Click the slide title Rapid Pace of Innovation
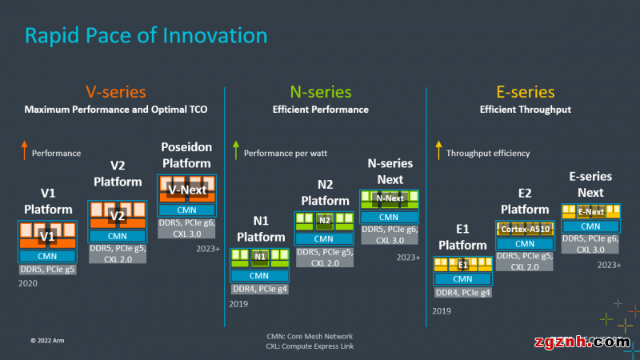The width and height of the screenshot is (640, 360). tap(146, 36)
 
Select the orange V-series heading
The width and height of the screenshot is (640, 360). tap(115, 92)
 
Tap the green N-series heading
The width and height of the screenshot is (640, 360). tap(319, 92)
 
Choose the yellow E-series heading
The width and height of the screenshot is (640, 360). tap(525, 92)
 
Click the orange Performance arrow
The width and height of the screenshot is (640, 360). tap(25, 150)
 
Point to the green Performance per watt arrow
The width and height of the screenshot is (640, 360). tap(235, 150)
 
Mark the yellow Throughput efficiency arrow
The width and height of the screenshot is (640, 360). tap(438, 150)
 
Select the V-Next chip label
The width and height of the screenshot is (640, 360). tap(187, 190)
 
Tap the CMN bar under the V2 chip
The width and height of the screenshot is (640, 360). tap(117, 236)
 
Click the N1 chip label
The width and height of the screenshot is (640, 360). tap(260, 257)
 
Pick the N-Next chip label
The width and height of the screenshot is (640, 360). tap(390, 198)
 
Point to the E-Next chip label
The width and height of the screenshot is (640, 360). tap(590, 212)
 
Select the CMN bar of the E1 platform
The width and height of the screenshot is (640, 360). tap(462, 279)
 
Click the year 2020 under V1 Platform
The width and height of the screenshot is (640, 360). tap(28, 283)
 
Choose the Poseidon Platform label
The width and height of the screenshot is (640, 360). tap(186, 155)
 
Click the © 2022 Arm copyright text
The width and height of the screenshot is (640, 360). tap(48, 339)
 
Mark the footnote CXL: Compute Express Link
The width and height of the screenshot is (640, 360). tap(310, 346)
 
